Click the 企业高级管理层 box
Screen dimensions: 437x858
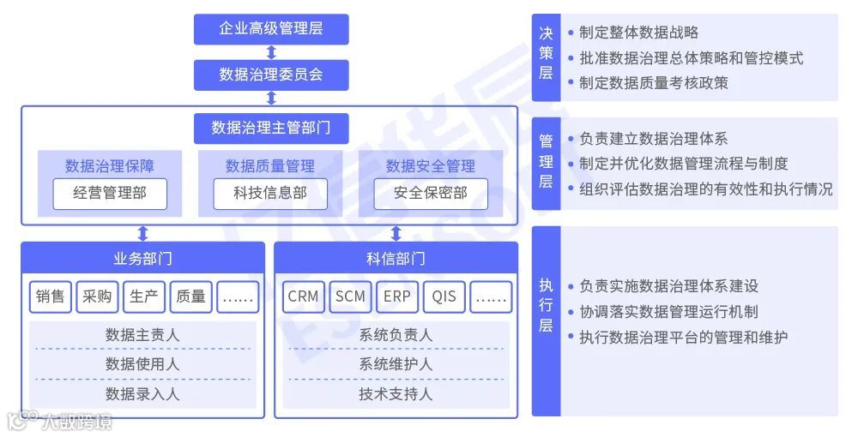[x=271, y=29]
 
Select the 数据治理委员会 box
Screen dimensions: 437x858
[x=271, y=75]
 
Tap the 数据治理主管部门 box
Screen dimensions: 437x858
[x=271, y=128]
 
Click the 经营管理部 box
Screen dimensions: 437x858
[x=110, y=194]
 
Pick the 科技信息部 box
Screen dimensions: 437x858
[x=270, y=194]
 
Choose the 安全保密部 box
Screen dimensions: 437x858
[x=431, y=194]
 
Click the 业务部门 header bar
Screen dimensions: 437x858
[x=142, y=258]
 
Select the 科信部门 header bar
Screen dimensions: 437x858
[x=396, y=258]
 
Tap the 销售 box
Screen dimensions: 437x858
[x=51, y=296]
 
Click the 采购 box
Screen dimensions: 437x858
[x=97, y=296]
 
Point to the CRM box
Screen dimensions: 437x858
[x=303, y=296]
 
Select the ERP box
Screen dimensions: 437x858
[x=397, y=296]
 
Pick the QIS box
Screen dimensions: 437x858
[x=444, y=296]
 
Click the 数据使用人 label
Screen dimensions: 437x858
[x=142, y=364]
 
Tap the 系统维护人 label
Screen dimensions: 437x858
[x=396, y=364]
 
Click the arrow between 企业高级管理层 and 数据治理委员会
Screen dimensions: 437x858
[x=271, y=52]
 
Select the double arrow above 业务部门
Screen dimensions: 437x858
[x=142, y=233]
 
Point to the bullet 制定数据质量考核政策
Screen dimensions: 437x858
[x=653, y=83]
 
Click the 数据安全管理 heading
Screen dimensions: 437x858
[x=431, y=165]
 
